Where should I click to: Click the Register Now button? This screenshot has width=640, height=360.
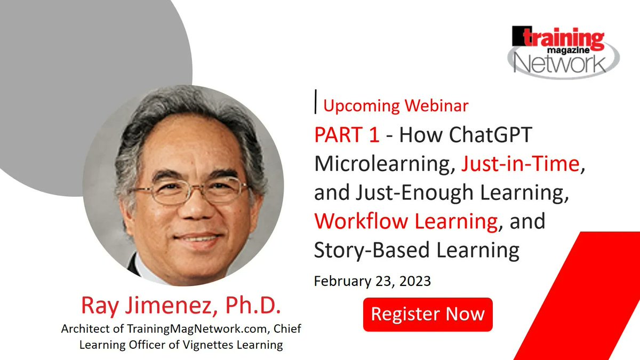(428, 314)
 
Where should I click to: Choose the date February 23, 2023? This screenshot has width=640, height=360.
(372, 281)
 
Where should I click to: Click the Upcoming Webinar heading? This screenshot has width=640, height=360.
(396, 106)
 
